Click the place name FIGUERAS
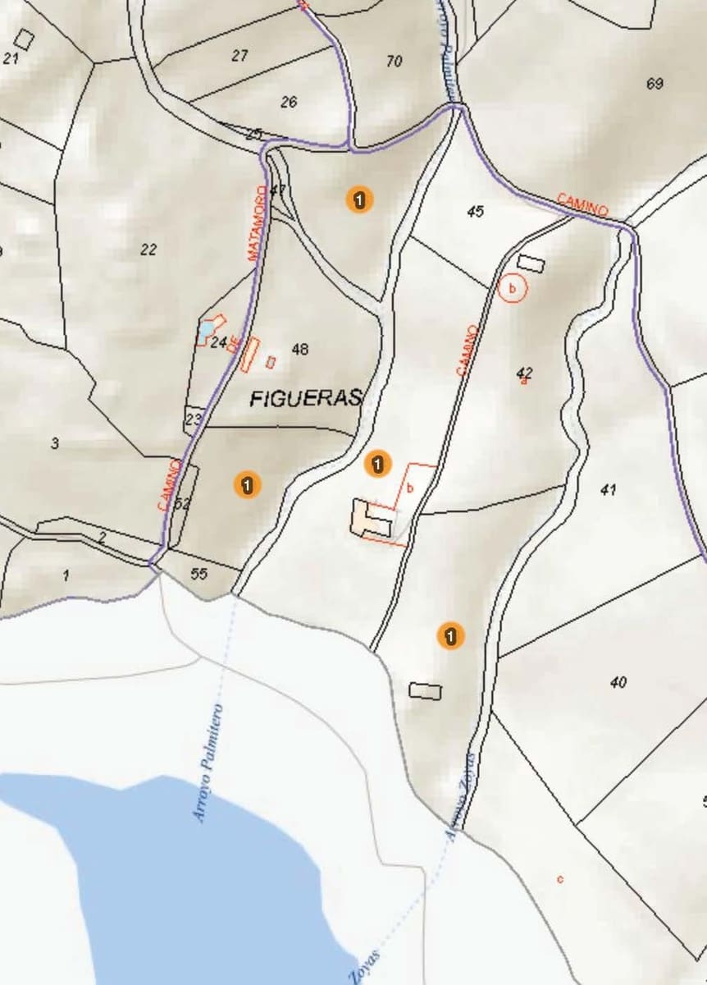[305, 399]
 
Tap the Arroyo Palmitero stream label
[208, 763]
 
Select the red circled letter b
[512, 289]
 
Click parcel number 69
[655, 84]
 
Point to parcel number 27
[239, 56]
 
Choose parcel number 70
[395, 61]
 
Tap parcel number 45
[475, 211]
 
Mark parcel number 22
[148, 250]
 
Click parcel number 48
[300, 350]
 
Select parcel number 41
[608, 490]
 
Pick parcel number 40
[618, 682]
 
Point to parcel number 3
[55, 444]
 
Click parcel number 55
[198, 574]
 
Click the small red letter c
[560, 879]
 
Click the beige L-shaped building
[369, 519]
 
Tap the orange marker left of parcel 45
[359, 199]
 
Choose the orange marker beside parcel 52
[247, 484]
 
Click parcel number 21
[11, 58]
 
